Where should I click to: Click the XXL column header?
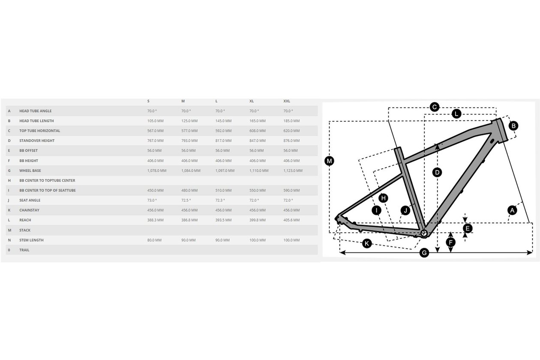click(x=287, y=101)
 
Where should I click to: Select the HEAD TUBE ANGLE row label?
click(x=36, y=111)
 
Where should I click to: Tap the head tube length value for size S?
click(x=155, y=121)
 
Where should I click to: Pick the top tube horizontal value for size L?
click(x=223, y=131)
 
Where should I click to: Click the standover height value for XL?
click(x=258, y=141)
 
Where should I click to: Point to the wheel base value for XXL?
click(x=293, y=171)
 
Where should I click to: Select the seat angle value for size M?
click(x=186, y=200)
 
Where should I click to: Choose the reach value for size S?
click(x=155, y=220)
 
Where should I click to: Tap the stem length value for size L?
click(x=222, y=240)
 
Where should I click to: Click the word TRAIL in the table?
click(x=24, y=250)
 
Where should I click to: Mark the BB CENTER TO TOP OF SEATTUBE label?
click(x=48, y=190)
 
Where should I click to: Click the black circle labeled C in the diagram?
click(x=435, y=107)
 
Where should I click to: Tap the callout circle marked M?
click(x=329, y=161)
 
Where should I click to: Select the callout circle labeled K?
click(x=367, y=243)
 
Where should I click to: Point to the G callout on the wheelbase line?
click(x=424, y=253)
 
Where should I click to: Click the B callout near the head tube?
click(x=513, y=126)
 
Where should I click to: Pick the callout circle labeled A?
click(x=512, y=210)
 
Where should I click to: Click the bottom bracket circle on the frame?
click(x=424, y=233)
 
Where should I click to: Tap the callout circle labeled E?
click(x=468, y=228)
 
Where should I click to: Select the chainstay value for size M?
click(x=189, y=210)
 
